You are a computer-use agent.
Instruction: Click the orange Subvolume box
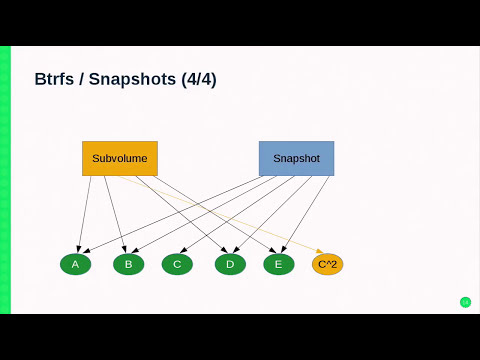coord(120,158)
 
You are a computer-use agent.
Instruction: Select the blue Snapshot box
coord(296,158)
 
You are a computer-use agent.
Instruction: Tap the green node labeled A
coord(75,264)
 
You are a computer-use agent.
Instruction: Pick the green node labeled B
coord(128,264)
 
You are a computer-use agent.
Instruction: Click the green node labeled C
coord(177,264)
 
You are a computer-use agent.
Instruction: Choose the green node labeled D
coord(230,264)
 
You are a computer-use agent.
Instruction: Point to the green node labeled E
coord(279,264)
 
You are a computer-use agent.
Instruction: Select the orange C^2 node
coord(328,264)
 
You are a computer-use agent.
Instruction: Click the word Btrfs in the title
coord(55,79)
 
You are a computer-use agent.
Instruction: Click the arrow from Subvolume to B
coord(114,212)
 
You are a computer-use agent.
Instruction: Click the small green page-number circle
coord(465,302)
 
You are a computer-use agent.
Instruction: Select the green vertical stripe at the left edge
coord(5,180)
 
